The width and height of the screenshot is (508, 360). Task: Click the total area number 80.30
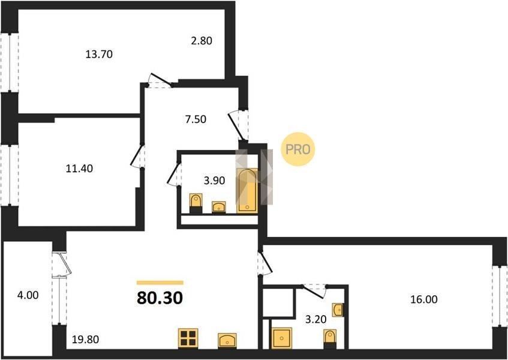[x=160, y=298]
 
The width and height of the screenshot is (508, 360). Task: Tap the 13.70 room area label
[x=99, y=54]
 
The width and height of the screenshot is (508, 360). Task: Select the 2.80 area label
[x=201, y=41]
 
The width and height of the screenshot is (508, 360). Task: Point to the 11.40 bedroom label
[x=79, y=169]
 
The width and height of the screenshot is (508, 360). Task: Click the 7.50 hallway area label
[x=196, y=119]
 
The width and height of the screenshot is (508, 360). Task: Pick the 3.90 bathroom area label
[x=215, y=181]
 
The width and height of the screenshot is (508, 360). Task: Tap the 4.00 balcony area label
[x=28, y=295]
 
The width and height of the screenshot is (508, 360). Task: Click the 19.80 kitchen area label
[x=86, y=340]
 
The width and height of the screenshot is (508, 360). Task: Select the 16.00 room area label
[x=424, y=299]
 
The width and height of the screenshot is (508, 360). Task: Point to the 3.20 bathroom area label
[x=316, y=319]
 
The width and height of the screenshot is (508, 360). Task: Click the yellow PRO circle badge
[x=297, y=149]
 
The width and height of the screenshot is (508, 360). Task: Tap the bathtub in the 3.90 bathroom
[x=247, y=191]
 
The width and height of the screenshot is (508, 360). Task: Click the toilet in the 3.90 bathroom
[x=196, y=203]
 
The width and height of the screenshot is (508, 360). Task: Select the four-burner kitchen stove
[x=188, y=338]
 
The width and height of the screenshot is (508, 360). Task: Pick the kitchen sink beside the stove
[x=227, y=341]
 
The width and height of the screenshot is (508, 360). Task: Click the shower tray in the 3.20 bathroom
[x=281, y=338]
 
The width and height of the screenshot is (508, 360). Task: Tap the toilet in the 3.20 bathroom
[x=330, y=339]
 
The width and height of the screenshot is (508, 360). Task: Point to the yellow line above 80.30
[x=160, y=283]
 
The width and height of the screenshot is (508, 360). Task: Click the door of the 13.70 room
[x=160, y=81]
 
